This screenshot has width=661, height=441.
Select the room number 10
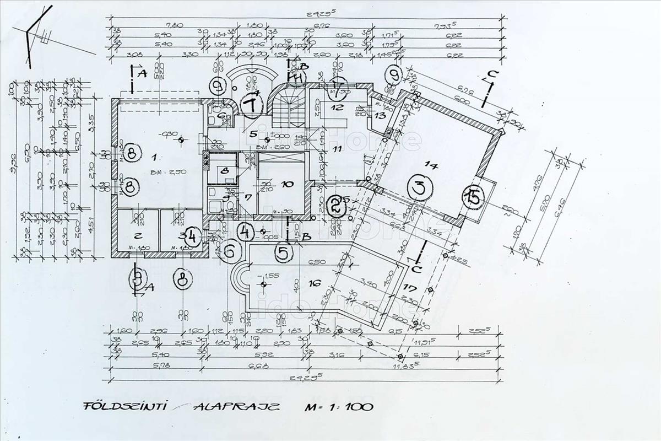(286, 184)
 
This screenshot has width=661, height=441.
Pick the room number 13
(380, 115)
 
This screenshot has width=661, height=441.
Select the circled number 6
(232, 251)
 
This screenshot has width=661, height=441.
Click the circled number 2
(335, 207)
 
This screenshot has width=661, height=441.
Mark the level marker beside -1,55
(263, 284)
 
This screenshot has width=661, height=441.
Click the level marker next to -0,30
(181, 140)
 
